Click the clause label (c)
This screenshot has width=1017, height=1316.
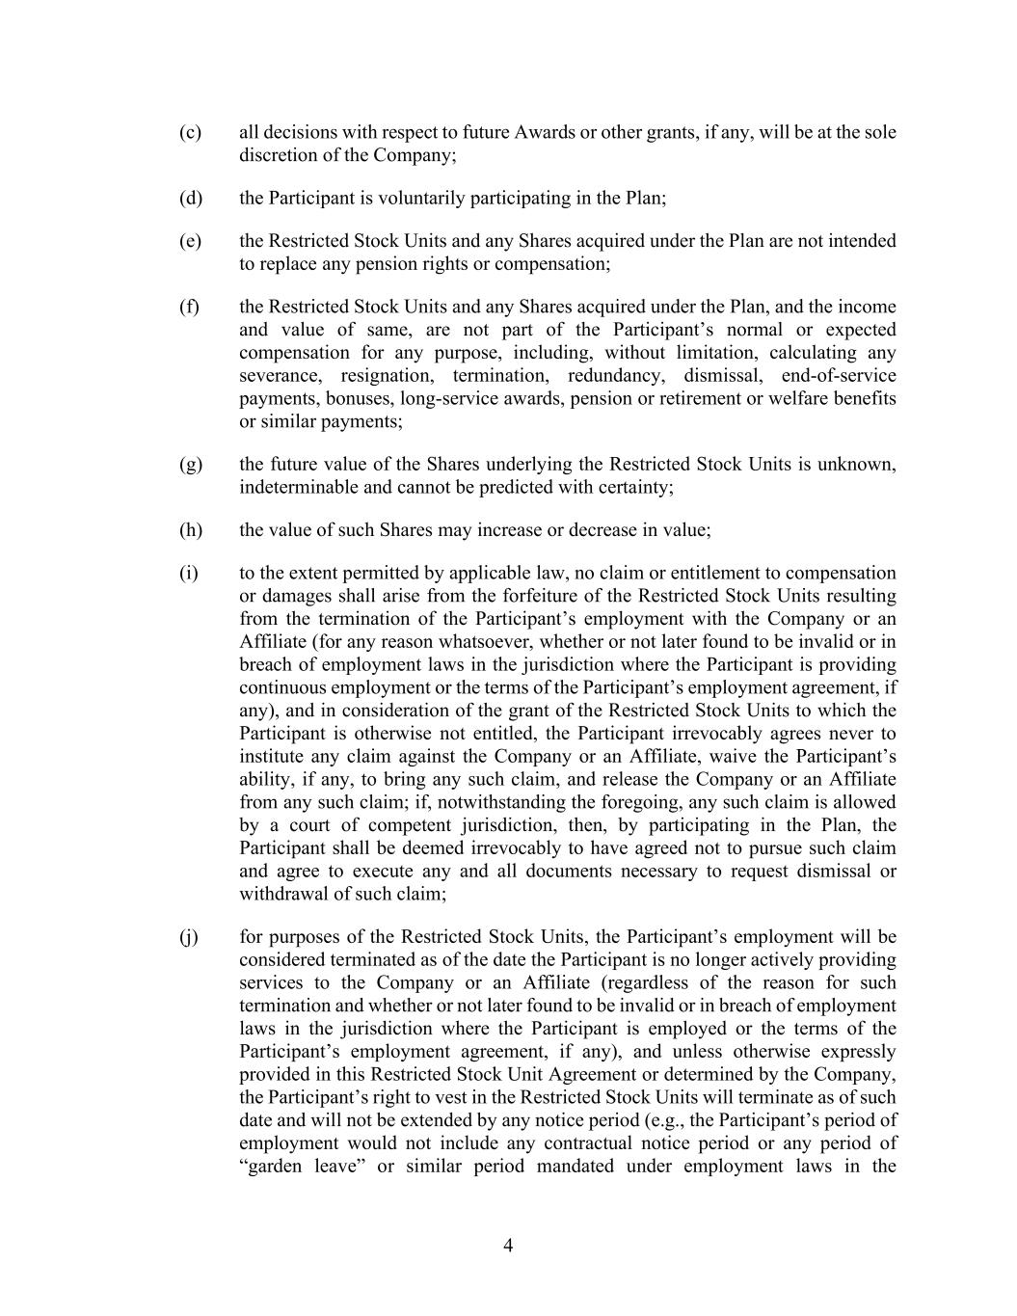(x=190, y=132)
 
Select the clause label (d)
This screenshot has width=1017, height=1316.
(x=190, y=199)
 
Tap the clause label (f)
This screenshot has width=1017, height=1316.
(x=189, y=307)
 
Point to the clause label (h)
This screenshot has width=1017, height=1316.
(x=190, y=530)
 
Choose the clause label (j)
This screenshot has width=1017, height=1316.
(x=189, y=937)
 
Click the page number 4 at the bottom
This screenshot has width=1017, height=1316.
(x=508, y=1246)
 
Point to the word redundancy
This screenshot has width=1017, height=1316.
(x=615, y=376)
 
